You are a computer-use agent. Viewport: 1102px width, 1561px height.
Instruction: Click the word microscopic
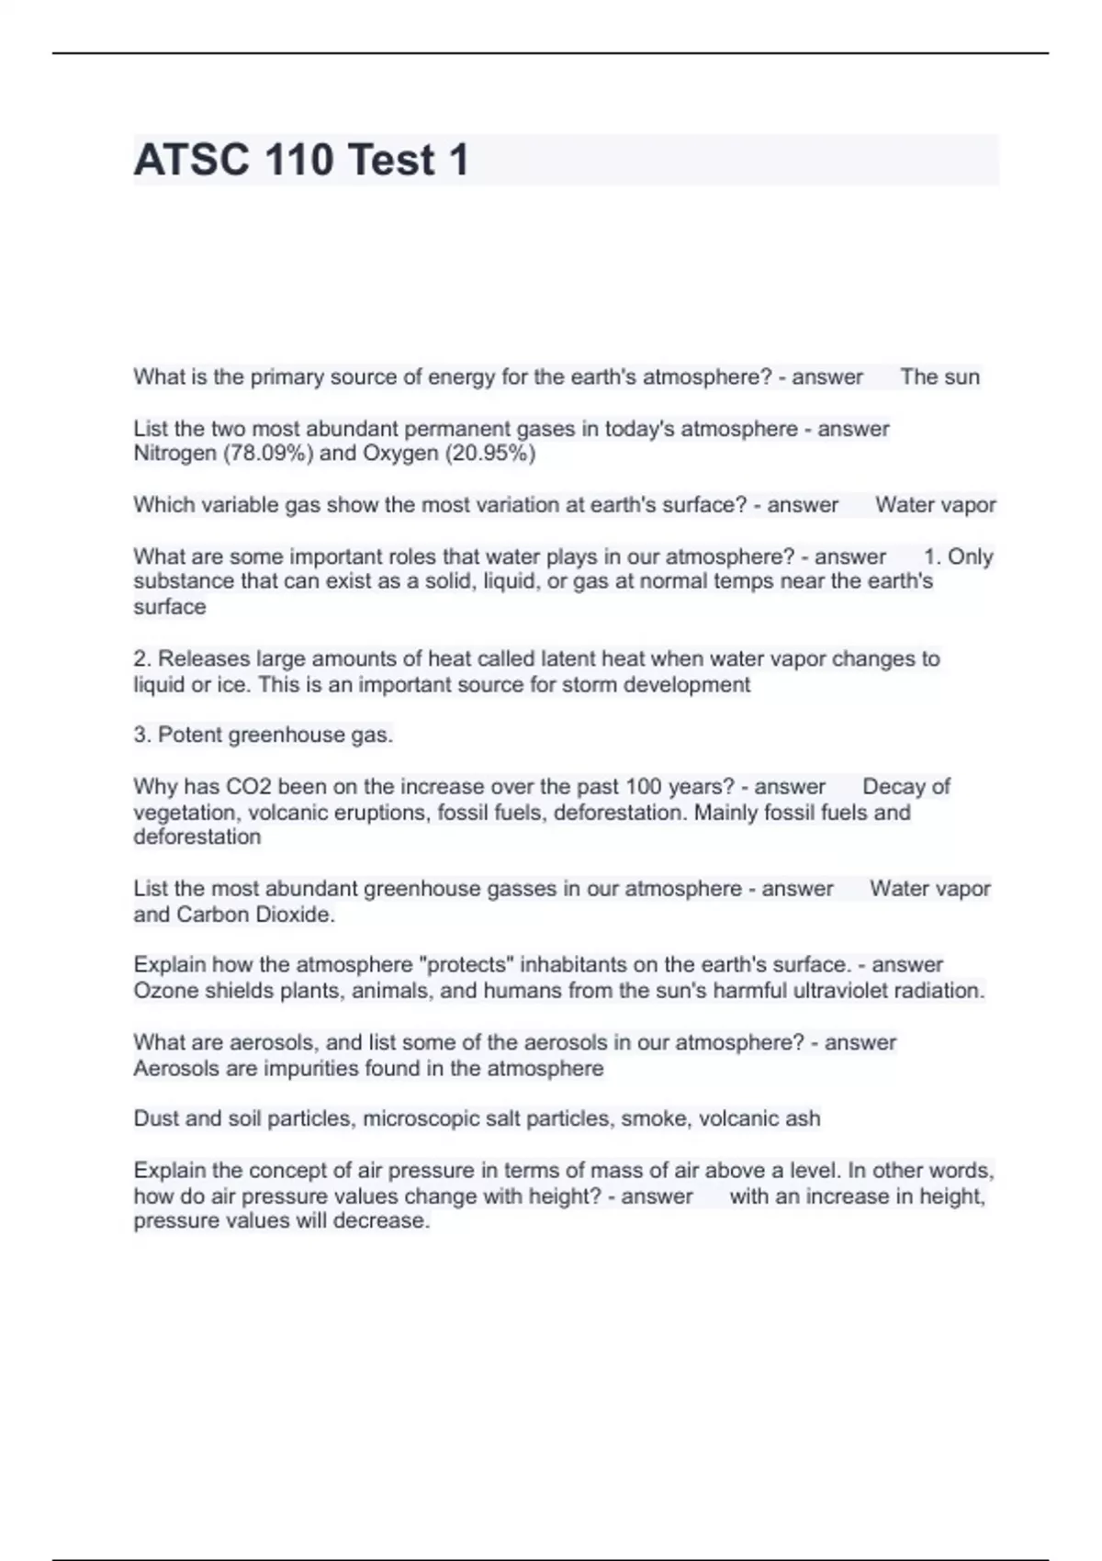pos(425,1118)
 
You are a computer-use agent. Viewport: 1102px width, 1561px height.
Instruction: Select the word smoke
pos(655,1118)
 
